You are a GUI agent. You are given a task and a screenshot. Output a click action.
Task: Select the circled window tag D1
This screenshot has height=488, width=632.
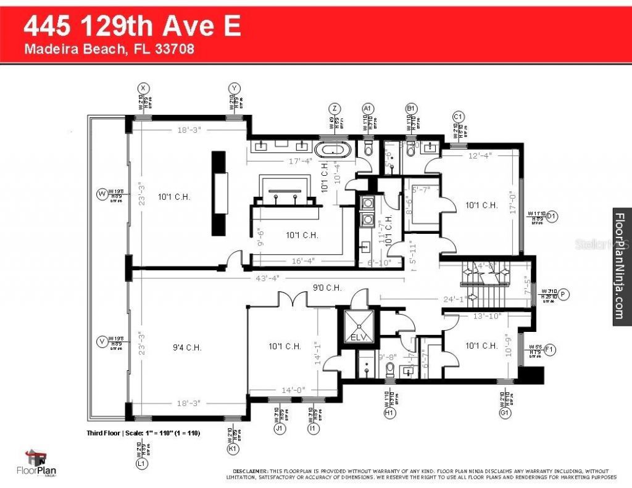(x=552, y=216)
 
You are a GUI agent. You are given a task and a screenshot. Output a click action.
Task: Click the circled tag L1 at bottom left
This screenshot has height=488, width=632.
(x=143, y=463)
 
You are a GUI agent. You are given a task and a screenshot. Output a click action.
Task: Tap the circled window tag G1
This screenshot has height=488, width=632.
(x=505, y=413)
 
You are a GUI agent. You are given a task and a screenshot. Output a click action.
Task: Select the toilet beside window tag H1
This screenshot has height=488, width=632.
(x=390, y=370)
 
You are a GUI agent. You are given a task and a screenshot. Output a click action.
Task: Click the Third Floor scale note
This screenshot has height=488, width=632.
(x=143, y=434)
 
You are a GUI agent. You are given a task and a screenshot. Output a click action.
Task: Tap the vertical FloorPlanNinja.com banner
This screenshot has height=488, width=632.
(x=621, y=265)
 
